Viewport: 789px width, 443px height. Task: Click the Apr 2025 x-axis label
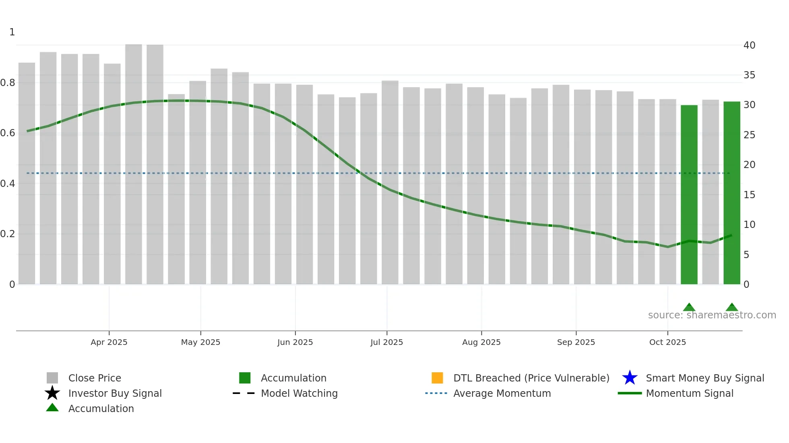tap(109, 342)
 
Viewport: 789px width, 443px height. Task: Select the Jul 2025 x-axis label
tap(386, 342)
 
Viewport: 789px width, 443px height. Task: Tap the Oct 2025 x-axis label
tap(667, 342)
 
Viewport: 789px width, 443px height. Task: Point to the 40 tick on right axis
tap(749, 45)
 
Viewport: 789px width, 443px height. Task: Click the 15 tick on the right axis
tap(749, 195)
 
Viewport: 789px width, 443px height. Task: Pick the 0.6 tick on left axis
tap(8, 133)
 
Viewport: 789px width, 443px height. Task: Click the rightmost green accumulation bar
tap(731, 193)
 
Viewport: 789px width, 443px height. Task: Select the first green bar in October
tap(689, 195)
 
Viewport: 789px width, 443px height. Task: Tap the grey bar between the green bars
tap(710, 192)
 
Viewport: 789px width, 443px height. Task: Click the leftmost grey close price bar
tap(27, 173)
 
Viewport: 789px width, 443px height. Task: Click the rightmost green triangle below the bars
tap(731, 308)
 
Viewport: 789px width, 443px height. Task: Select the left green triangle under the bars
tap(689, 308)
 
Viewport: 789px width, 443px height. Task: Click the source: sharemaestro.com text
tap(712, 315)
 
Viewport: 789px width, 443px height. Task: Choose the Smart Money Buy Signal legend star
tap(630, 378)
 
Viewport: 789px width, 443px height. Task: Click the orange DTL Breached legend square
tap(437, 378)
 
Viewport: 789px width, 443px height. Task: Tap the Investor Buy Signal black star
tap(52, 393)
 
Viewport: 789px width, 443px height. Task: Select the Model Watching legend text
tap(299, 393)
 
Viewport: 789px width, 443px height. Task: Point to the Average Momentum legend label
tap(502, 393)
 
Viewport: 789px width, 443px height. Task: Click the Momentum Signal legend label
tap(689, 393)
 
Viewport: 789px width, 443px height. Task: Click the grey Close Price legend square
tap(52, 378)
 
